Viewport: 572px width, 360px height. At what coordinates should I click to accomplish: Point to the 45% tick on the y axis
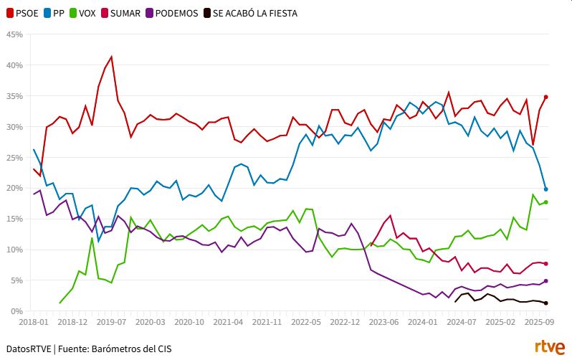point(14,34)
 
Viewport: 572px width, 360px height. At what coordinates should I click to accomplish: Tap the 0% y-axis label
point(17,311)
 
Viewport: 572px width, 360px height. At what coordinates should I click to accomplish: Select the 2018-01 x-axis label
point(34,323)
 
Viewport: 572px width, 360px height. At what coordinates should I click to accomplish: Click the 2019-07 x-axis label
point(112,323)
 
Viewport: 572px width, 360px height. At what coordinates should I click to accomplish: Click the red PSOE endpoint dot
point(545,97)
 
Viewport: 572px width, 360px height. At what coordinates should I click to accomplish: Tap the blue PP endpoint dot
point(545,189)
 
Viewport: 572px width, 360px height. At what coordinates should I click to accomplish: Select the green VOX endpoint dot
point(545,202)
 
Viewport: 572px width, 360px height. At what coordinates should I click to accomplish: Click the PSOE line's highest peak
point(111,57)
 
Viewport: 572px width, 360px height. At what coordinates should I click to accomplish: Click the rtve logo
point(550,348)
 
